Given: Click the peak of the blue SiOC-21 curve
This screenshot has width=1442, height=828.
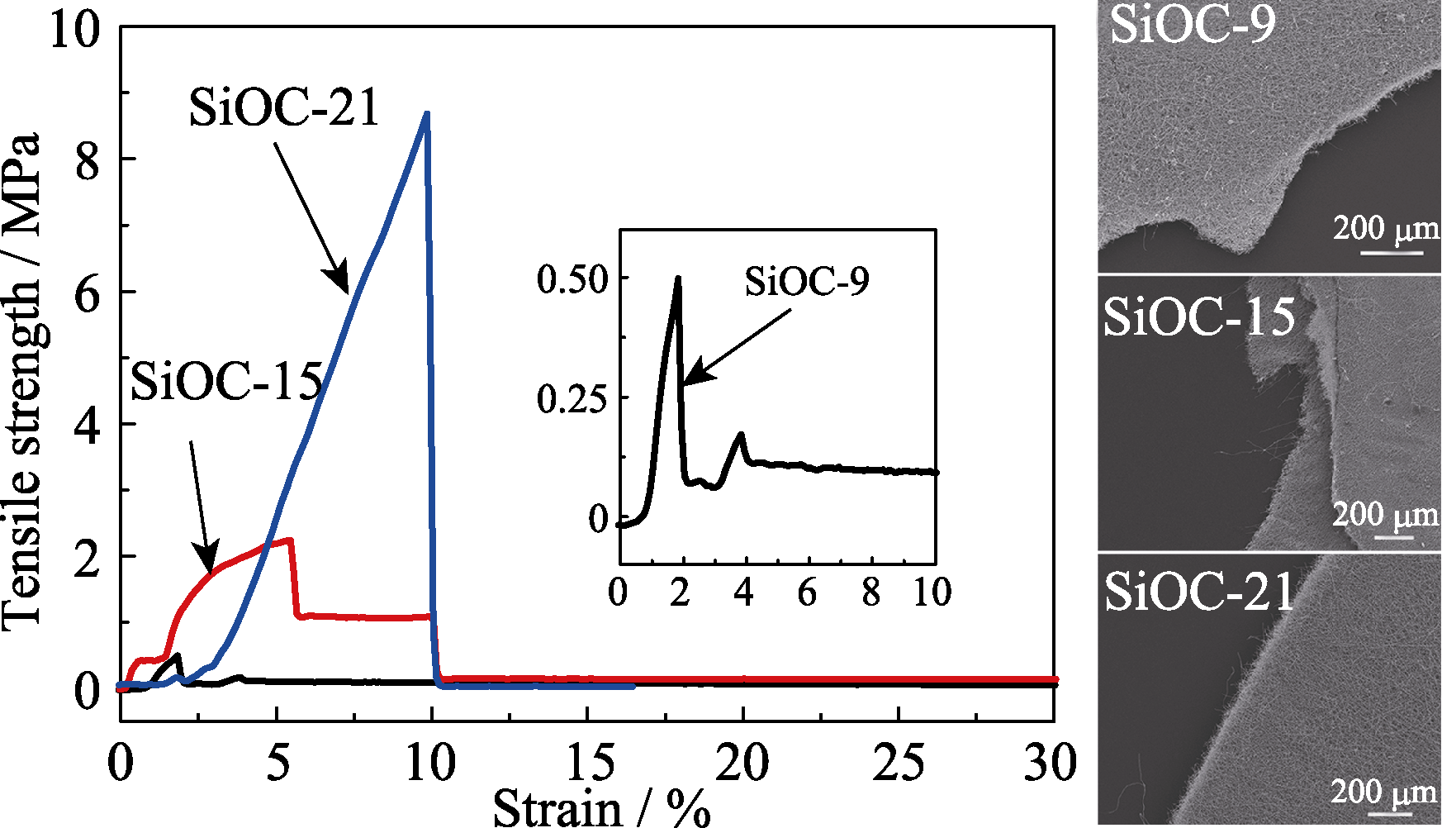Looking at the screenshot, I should (426, 113).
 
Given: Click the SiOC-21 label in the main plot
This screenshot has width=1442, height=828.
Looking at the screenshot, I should (284, 107).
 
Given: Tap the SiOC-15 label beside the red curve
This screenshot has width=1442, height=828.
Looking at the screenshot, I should (226, 382).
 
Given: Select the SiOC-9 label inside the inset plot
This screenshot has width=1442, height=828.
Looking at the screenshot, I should (806, 281).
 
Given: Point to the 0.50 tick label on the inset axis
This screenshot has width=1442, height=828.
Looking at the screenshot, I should (572, 278).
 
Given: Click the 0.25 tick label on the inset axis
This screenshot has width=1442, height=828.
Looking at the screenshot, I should (572, 399).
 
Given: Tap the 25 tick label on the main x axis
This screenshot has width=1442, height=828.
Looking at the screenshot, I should (899, 762).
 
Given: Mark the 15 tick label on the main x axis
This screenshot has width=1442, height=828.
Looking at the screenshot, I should (588, 762).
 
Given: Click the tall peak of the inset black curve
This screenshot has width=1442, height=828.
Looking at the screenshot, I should (678, 278).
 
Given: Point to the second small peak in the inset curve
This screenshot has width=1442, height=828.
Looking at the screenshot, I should (741, 435).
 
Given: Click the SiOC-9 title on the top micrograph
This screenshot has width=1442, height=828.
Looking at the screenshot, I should (1192, 25).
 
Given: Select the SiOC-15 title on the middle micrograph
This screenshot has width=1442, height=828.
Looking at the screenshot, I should (1199, 316).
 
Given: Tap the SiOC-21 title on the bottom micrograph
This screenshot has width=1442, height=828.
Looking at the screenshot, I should (1199, 592).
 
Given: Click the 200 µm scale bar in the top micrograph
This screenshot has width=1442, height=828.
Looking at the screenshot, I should (1391, 252).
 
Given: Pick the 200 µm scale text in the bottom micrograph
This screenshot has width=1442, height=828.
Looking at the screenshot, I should (1383, 792).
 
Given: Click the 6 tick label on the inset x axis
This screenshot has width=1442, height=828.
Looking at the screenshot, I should (807, 592).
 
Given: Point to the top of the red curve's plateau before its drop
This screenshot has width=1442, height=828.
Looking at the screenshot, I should (290, 540).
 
